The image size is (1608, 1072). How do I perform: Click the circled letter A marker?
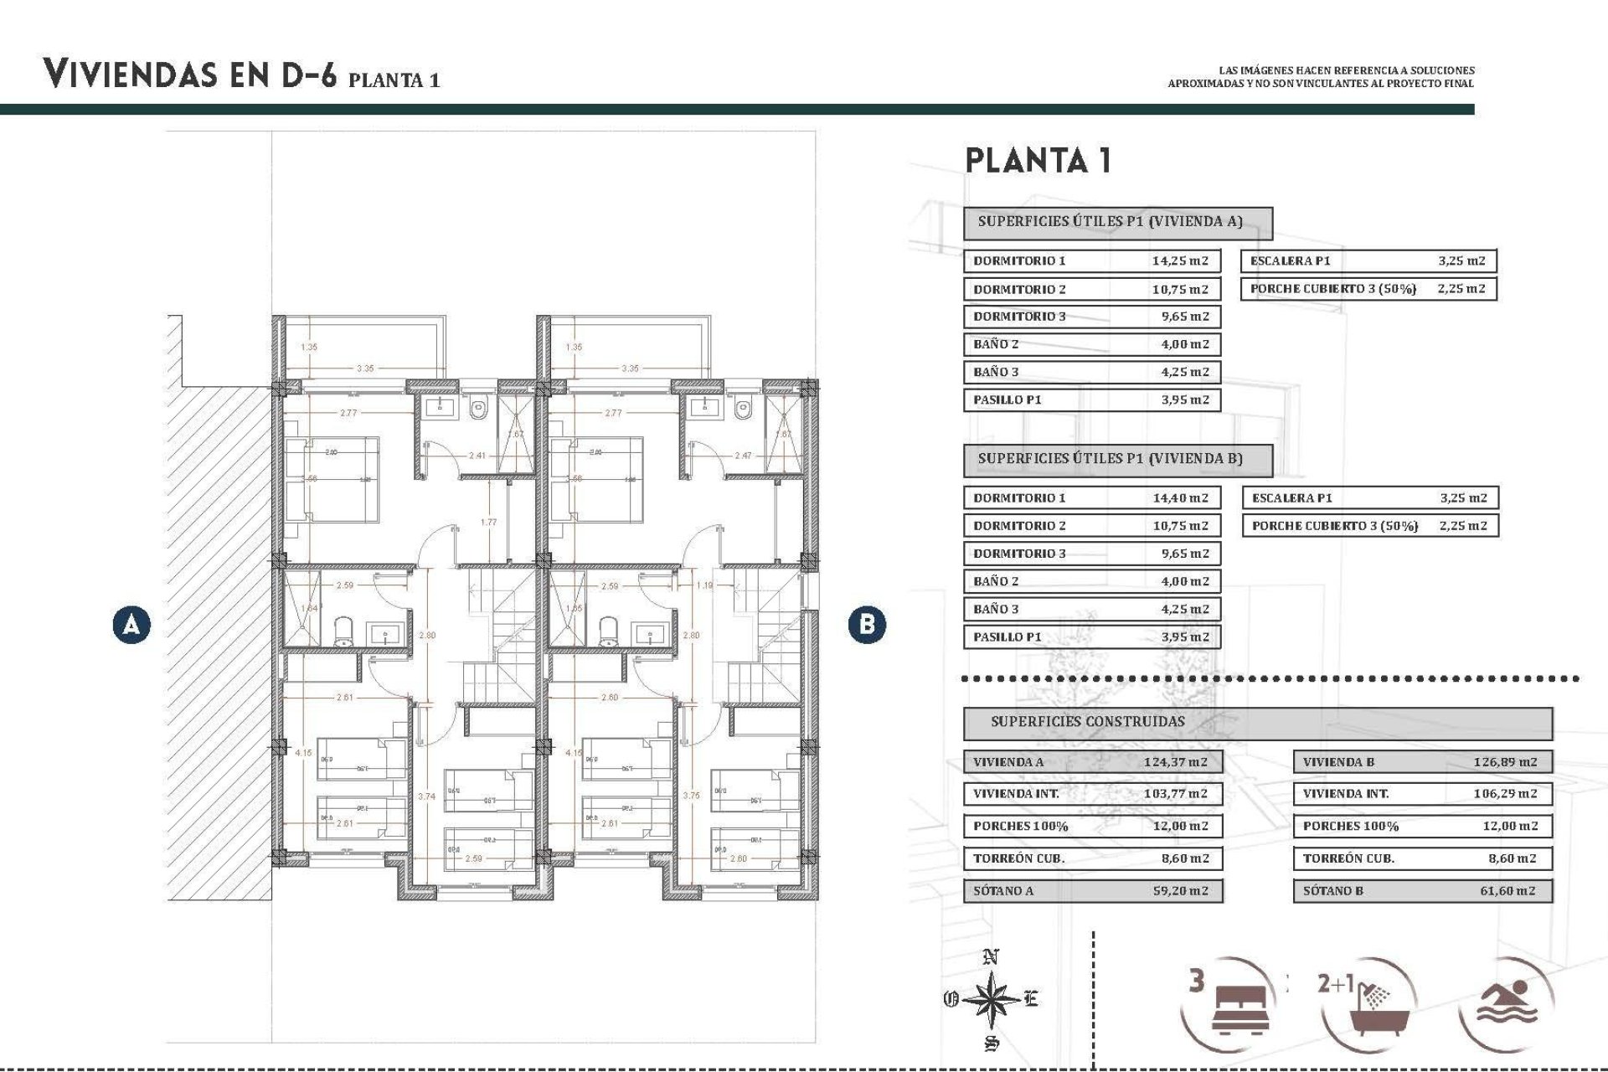pyautogui.click(x=131, y=625)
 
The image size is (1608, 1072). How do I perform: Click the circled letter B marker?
pyautogui.click(x=867, y=625)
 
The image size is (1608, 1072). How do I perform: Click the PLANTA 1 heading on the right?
pyautogui.click(x=1038, y=160)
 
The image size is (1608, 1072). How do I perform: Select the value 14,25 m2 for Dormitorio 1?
pyautogui.click(x=1179, y=260)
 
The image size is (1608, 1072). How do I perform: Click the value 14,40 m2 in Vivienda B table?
pyautogui.click(x=1179, y=497)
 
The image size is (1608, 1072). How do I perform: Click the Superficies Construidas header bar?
pyautogui.click(x=1256, y=722)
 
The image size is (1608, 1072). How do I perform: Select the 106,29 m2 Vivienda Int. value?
pyautogui.click(x=1505, y=793)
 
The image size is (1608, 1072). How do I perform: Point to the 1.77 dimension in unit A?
pyautogui.click(x=488, y=523)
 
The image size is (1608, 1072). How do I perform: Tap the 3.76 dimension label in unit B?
pyautogui.click(x=691, y=796)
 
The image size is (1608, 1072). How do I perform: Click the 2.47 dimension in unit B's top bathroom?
pyautogui.click(x=742, y=456)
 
